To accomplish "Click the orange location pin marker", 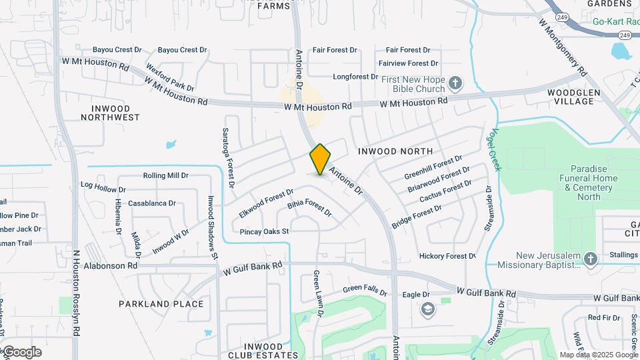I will point(320,159).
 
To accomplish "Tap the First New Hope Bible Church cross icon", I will point(455,83).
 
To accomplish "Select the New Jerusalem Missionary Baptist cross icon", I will point(590,259).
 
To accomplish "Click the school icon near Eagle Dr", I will point(427,309).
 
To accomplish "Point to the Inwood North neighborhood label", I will point(395,151).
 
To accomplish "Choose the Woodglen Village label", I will point(570,97).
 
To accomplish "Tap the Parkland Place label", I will point(161,304).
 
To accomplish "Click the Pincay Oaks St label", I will point(265,231).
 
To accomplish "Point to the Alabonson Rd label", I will point(111,265).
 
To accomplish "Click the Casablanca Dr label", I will point(151,203).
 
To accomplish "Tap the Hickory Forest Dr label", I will point(447,256).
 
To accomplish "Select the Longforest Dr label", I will point(359,77).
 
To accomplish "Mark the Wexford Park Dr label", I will point(170,79).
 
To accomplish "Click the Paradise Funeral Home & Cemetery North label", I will point(589,183).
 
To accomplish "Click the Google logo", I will point(21,352).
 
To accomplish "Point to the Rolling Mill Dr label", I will point(165,175).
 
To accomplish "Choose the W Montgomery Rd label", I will point(563,46).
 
